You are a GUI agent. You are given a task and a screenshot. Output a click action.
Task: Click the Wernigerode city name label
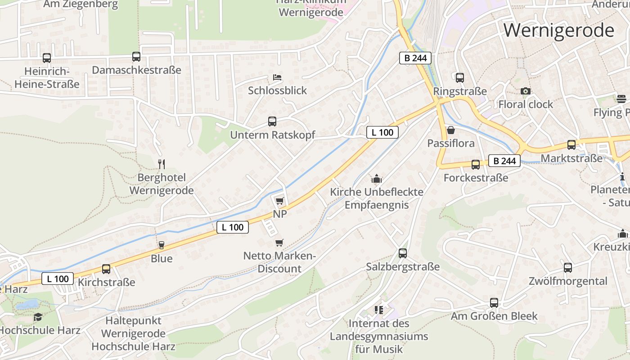(558, 31)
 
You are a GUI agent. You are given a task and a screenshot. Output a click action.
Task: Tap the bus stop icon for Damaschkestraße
(136, 57)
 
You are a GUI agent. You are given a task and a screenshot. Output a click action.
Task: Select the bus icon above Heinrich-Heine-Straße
(47, 58)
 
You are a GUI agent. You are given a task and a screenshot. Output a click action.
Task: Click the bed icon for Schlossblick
(277, 77)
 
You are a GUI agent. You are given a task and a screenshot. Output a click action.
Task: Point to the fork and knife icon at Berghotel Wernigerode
(162, 164)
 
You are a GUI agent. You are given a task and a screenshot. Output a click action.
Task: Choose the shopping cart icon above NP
(279, 201)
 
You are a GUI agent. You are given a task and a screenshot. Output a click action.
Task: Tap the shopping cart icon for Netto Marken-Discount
(279, 243)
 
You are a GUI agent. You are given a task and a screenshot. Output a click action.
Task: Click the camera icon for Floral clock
(525, 91)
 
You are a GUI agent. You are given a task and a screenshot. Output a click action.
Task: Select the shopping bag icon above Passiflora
(450, 130)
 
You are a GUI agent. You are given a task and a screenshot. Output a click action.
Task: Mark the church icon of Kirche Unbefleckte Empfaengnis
(377, 179)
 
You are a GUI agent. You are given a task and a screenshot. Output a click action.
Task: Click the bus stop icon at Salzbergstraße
(403, 253)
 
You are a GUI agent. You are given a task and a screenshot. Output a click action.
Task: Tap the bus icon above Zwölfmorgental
(568, 268)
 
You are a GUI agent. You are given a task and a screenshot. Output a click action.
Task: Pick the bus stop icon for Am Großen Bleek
(494, 303)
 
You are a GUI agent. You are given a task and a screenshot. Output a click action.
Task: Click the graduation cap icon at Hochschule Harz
(38, 317)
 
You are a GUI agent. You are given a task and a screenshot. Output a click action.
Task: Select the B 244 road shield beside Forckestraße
(504, 161)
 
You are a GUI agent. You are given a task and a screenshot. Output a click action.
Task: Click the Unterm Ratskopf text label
(272, 135)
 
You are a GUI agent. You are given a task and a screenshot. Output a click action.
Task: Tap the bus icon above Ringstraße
(460, 78)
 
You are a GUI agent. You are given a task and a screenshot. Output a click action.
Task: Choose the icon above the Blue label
(161, 245)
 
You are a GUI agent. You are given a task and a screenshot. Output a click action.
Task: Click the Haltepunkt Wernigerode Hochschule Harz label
(133, 334)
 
